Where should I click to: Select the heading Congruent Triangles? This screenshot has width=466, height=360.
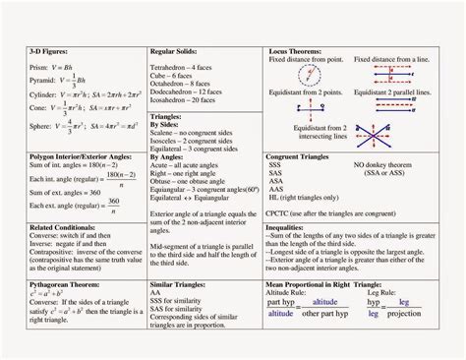tap(304, 156)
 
